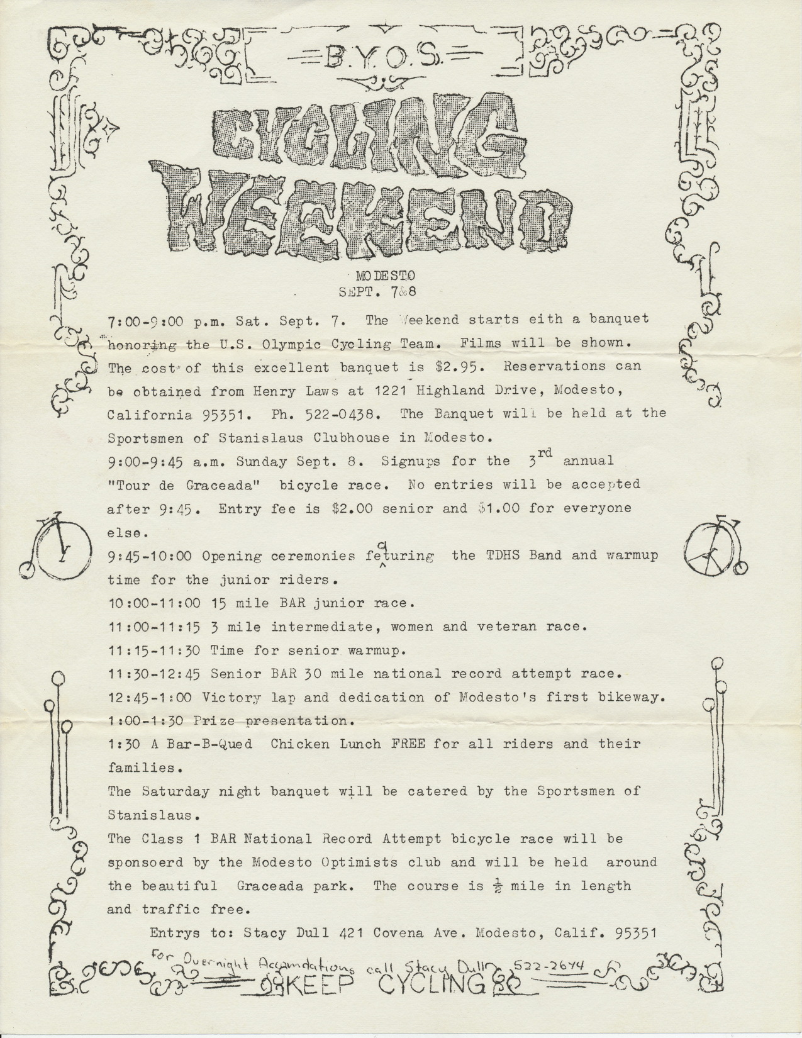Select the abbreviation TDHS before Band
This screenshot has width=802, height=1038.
click(502, 556)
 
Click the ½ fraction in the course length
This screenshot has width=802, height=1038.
click(498, 886)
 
